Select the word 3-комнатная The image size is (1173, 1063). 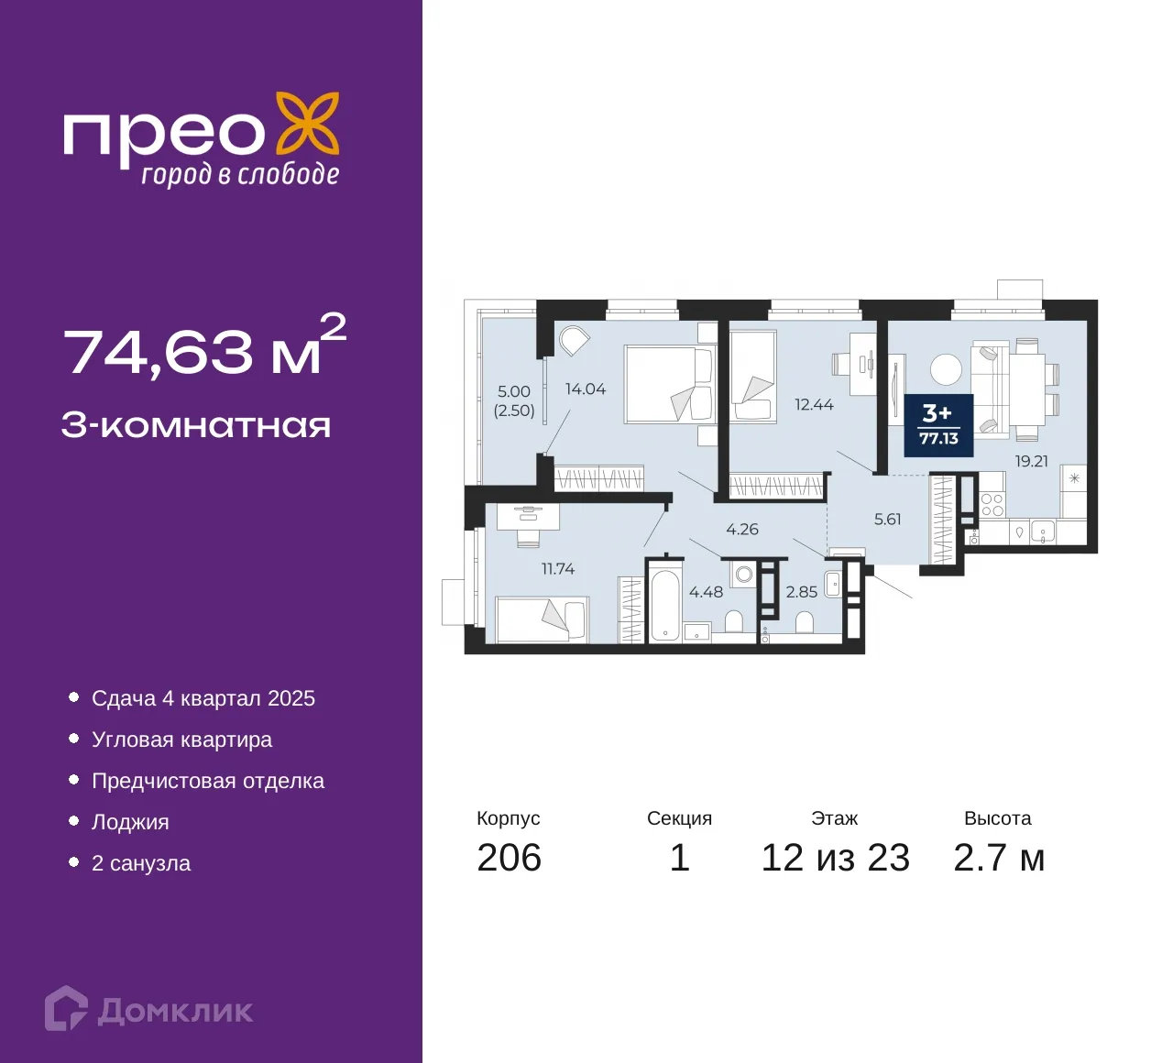tap(196, 425)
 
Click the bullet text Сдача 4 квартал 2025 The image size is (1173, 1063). tap(203, 698)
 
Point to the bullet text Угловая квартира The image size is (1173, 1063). tap(181, 740)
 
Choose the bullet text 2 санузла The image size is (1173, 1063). tap(140, 863)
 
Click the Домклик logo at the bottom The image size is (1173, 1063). tap(149, 1009)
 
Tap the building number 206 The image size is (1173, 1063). tap(509, 858)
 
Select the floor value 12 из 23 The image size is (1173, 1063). tap(835, 858)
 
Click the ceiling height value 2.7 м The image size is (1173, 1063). tap(998, 858)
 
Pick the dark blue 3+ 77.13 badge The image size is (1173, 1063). tap(938, 425)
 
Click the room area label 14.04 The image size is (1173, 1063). tap(586, 389)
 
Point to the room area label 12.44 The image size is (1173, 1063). tap(814, 404)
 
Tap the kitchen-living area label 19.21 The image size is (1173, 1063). tap(1031, 461)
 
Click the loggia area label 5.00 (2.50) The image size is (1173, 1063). tap(514, 400)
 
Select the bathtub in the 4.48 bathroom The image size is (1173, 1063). tap(664, 606)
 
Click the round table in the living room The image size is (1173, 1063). tap(946, 369)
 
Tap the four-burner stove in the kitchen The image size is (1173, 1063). tap(992, 504)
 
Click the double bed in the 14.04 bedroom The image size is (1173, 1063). tap(668, 384)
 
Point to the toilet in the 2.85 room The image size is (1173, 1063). tap(804, 623)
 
